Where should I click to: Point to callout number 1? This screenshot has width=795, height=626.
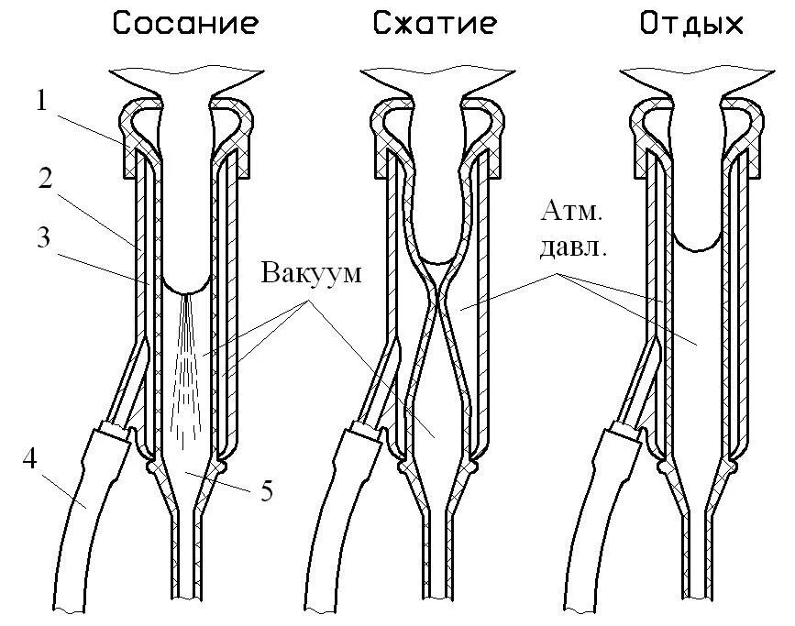pos(41,101)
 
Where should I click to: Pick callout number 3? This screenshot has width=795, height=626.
pos(41,238)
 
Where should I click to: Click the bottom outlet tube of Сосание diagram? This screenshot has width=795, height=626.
pos(187,568)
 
